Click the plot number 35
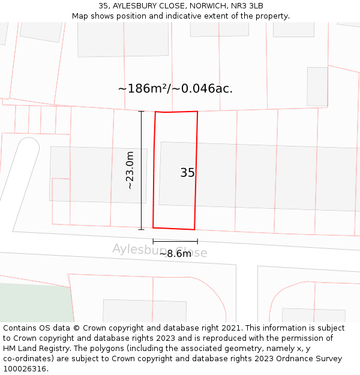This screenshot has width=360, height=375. point(187,173)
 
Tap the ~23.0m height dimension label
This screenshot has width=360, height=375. point(129,170)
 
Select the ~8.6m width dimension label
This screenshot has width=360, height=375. point(175,254)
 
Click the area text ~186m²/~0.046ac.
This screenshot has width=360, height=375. point(175,89)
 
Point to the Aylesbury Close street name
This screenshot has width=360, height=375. point(160,250)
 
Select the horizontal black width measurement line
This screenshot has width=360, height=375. point(175,241)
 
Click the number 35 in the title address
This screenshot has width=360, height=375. point(104,6)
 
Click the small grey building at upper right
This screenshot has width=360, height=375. point(317,86)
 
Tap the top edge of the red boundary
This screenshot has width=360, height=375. point(176,112)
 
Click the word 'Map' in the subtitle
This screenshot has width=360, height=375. point(80,16)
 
